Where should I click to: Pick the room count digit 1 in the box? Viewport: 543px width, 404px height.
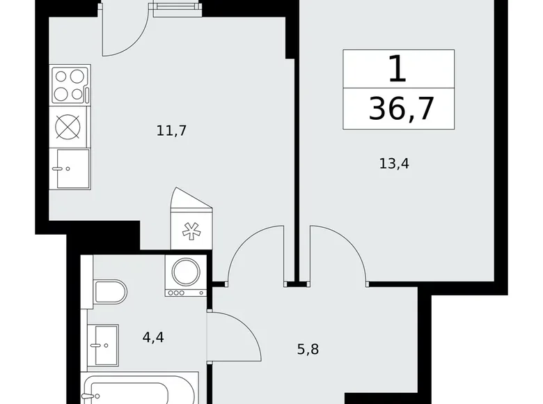(398, 70)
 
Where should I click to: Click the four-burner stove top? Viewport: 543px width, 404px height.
(70, 84)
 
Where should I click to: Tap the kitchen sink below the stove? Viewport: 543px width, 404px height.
(72, 168)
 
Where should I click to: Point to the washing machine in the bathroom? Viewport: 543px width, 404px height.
(185, 275)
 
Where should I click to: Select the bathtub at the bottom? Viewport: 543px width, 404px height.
(139, 390)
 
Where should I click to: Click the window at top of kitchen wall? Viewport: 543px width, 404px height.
(173, 8)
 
